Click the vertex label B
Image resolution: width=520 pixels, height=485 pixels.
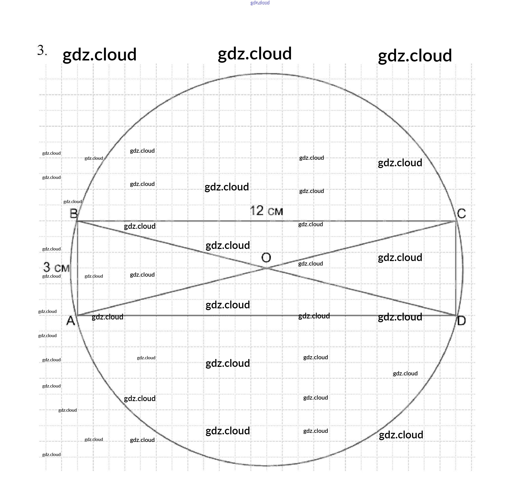tap(74, 214)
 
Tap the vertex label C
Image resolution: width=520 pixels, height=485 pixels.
tap(461, 213)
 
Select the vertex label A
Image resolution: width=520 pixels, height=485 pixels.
tap(71, 320)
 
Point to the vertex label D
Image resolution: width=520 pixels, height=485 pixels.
tap(461, 321)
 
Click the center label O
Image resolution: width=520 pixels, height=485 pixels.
tap(266, 258)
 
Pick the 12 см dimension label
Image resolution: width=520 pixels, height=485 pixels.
tap(266, 211)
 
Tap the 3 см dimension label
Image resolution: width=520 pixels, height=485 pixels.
tap(56, 267)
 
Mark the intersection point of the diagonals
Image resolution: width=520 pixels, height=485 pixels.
tap(267, 268)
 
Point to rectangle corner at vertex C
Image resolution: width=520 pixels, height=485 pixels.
tap(456, 221)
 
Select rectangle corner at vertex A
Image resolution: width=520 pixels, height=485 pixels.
tap(77, 315)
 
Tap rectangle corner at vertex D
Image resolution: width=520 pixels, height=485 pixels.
tap(456, 315)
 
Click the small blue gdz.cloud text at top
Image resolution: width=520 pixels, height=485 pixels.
tap(260, 3)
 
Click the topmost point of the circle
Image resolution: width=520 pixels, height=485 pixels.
tap(267, 74)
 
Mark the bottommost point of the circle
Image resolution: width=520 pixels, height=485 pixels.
tap(267, 466)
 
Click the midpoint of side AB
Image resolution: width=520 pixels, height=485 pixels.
tap(77, 268)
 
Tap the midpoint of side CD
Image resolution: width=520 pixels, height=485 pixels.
tap(456, 268)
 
